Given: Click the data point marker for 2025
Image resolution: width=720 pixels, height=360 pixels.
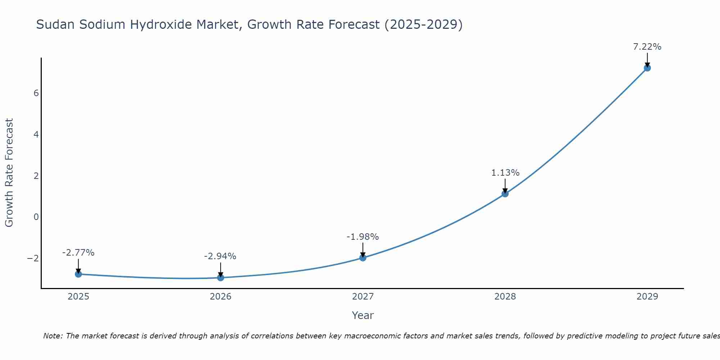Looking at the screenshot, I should coord(78,274).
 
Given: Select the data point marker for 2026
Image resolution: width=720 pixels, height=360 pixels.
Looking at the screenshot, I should coord(221,278).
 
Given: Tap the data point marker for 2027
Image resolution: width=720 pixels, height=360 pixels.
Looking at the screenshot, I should coord(363,258).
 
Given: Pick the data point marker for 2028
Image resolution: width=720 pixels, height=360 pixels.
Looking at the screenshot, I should coord(505,194).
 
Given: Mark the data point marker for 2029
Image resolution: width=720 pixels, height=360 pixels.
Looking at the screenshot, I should coord(647,68).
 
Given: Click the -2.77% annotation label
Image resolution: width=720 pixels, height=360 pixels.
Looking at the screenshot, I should coord(78,253).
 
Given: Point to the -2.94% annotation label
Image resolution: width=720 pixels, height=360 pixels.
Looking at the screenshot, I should coord(220,256).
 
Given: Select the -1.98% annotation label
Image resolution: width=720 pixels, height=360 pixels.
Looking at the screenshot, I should coord(363,237).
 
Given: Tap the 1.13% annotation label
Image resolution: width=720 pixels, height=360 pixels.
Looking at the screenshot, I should coord(505,173).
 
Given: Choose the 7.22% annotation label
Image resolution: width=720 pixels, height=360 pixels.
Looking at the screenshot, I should coord(647,47).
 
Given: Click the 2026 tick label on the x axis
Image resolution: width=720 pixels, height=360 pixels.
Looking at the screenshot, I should coord(221,297).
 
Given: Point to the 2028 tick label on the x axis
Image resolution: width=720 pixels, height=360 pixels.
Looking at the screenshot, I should coord(505,297).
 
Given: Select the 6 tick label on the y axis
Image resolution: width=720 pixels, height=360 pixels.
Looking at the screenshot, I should coord(36,93).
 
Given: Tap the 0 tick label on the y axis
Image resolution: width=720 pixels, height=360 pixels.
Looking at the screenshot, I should coord(36,217).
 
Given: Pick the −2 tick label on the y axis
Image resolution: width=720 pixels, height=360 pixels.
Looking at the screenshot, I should coord(33,258).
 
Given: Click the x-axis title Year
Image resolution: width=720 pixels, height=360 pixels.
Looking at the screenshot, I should coord(363,315).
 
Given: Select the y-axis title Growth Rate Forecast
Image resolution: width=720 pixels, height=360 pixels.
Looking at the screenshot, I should coord(9,173).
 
